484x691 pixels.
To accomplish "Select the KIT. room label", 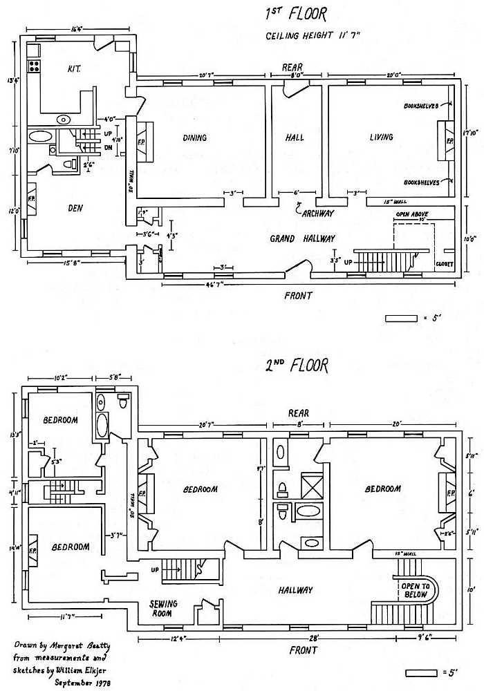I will click(75, 69).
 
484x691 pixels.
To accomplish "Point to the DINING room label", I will click(194, 138).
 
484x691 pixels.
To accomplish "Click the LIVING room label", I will click(381, 138).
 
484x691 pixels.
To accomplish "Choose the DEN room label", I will click(75, 207).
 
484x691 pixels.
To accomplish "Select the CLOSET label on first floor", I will click(444, 264).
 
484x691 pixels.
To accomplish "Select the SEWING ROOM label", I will click(164, 608).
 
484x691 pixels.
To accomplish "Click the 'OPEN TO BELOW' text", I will click(416, 591).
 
